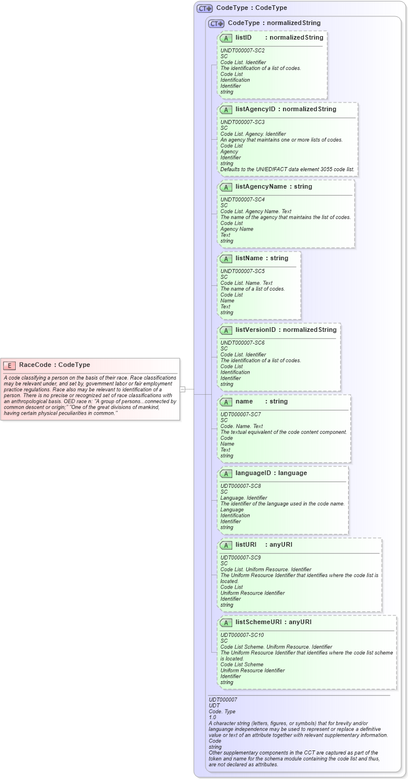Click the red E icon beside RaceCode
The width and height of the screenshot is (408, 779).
9,365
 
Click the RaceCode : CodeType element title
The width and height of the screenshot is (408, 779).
54,365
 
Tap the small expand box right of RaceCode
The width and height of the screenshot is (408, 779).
182,389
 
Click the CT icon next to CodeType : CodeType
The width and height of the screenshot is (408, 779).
204,8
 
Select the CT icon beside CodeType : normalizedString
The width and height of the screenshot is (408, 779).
216,23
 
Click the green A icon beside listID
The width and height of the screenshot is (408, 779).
226,38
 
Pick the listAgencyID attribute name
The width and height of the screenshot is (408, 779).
255,109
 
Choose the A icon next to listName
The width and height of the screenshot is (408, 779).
226,259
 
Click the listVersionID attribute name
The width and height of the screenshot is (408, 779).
256,330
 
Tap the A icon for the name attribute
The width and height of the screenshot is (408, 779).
226,402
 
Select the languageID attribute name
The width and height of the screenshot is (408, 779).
253,473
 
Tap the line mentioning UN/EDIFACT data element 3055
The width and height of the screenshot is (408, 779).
287,169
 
